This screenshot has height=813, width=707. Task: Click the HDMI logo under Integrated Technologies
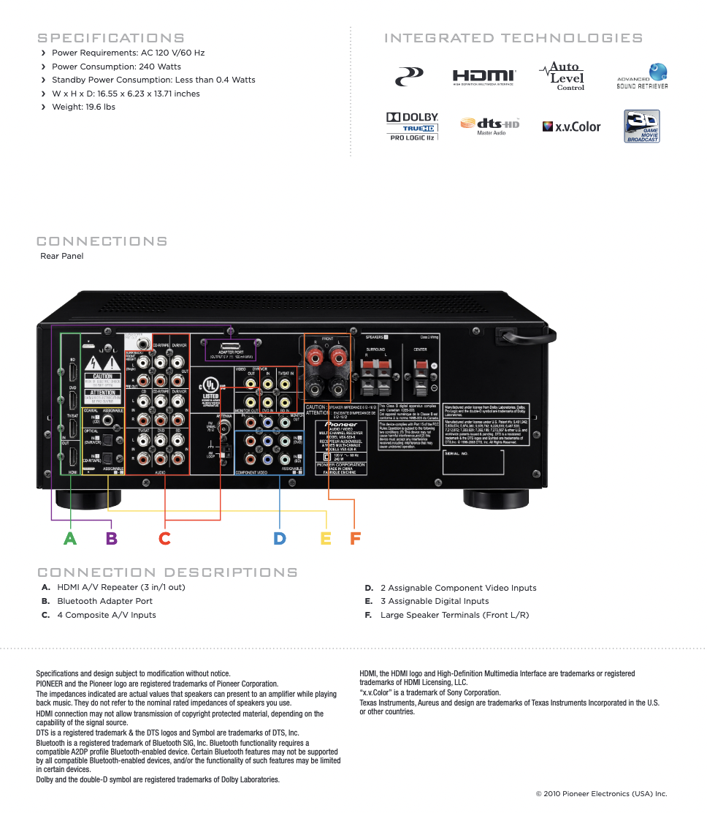pyautogui.click(x=484, y=76)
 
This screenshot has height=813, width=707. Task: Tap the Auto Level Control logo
pyautogui.click(x=562, y=76)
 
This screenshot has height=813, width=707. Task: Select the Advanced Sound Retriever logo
pyautogui.click(x=642, y=76)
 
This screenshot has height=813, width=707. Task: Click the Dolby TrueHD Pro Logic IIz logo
pyautogui.click(x=412, y=126)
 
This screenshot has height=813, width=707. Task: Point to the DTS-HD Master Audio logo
pyautogui.click(x=490, y=126)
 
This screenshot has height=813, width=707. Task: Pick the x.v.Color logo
pyautogui.click(x=571, y=126)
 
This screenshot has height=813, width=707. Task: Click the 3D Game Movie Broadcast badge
pyautogui.click(x=642, y=126)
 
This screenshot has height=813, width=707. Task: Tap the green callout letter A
pyautogui.click(x=69, y=539)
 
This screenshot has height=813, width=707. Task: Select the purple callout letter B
pyautogui.click(x=111, y=539)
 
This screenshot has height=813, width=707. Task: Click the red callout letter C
pyautogui.click(x=165, y=539)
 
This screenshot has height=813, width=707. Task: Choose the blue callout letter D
pyautogui.click(x=280, y=539)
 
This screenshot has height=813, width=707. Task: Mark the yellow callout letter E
pyautogui.click(x=326, y=539)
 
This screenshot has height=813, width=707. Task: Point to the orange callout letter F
pyautogui.click(x=355, y=539)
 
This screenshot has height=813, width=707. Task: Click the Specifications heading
pyautogui.click(x=110, y=38)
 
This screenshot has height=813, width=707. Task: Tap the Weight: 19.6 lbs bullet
pyautogui.click(x=83, y=107)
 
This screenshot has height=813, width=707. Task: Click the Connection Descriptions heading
pyautogui.click(x=167, y=572)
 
